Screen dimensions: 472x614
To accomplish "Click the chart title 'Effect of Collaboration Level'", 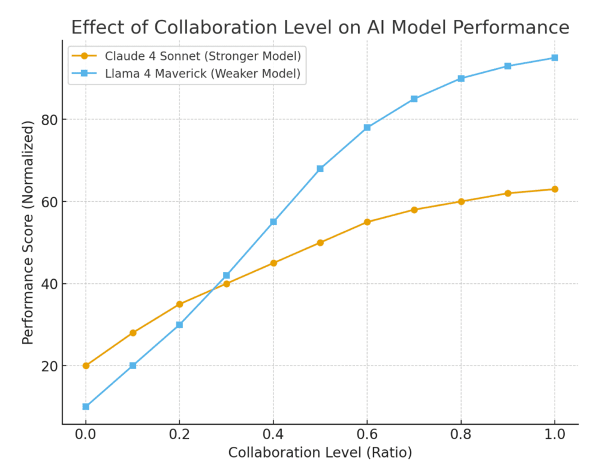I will tap(320, 28).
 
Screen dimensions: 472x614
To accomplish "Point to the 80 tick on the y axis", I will tap(50, 120).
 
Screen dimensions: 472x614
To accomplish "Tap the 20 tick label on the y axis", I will tap(50, 366).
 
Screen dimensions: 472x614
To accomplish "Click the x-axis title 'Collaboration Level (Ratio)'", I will tap(320, 453).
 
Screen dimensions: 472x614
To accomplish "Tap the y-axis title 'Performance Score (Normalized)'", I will tap(28, 232).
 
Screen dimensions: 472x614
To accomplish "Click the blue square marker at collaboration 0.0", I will tap(86, 407).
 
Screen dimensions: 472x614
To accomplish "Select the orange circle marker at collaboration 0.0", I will tap(86, 365).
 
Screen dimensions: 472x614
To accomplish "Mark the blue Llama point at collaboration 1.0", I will tap(555, 58).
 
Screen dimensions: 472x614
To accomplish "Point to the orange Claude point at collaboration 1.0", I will tap(555, 189).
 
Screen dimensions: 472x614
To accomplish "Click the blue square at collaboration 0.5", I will tap(320, 169).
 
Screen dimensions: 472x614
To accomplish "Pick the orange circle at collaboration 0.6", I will tap(367, 222).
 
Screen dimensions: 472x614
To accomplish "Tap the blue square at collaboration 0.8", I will tap(461, 78).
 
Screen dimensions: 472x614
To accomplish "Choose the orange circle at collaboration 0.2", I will tap(179, 304).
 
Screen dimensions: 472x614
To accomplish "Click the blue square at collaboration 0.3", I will tap(227, 276).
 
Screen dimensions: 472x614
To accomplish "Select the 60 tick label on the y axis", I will tap(50, 202).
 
